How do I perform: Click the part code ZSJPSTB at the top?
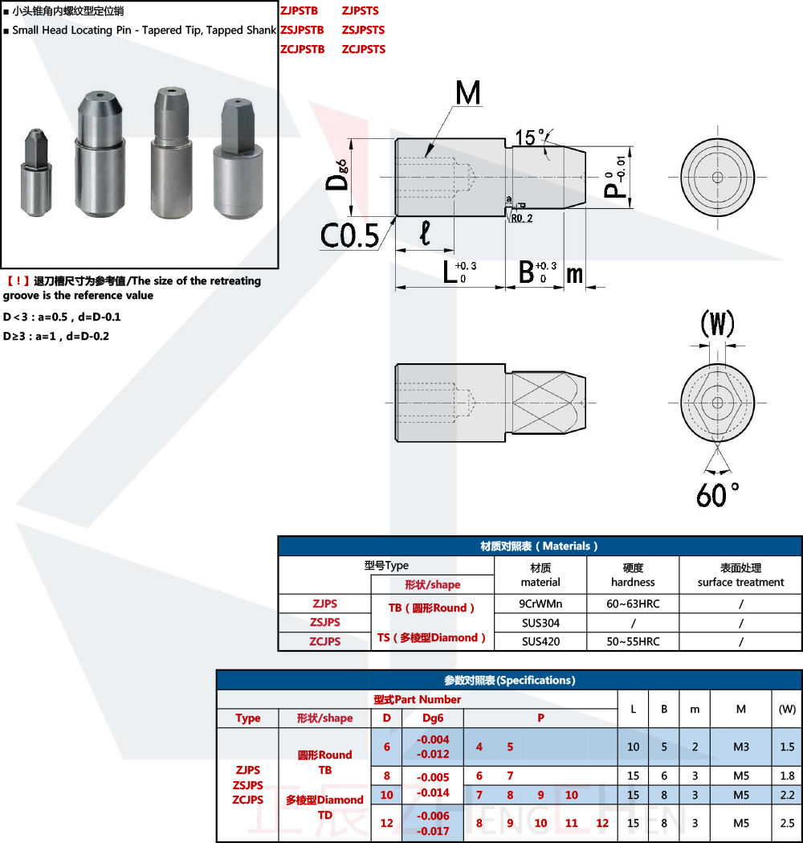[302, 30]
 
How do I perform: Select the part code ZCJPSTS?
[364, 50]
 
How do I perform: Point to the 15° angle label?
[530, 137]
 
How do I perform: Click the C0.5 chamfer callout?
[349, 235]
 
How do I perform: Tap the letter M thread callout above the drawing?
[468, 93]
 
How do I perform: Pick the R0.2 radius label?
[521, 219]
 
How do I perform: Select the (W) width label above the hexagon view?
[717, 324]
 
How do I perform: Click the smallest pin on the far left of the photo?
[36, 172]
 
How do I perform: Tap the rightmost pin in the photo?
[238, 158]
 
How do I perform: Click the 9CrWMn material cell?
[540, 604]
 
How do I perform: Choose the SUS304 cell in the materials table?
[540, 623]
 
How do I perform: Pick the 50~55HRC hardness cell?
[633, 641]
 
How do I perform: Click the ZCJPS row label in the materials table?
[324, 641]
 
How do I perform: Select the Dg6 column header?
[433, 718]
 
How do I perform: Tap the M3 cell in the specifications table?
[740, 747]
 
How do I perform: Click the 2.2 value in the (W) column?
[787, 795]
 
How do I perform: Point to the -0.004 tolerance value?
[433, 740]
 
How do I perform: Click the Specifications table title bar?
[509, 680]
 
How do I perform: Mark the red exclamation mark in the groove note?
[18, 280]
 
